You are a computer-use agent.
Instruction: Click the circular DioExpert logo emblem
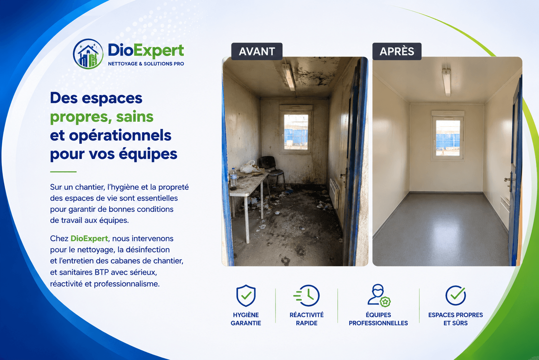[88, 54]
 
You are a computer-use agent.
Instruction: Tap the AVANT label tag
[257, 51]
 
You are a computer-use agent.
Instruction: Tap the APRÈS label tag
[397, 51]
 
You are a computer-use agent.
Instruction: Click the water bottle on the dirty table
[233, 177]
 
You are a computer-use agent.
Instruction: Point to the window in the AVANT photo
[296, 130]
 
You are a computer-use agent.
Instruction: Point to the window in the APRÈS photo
[448, 136]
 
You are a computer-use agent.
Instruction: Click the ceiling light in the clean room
[447, 83]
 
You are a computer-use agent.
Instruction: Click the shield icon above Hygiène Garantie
[246, 296]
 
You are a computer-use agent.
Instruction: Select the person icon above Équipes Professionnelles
[379, 296]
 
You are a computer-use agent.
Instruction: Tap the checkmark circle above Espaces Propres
[456, 295]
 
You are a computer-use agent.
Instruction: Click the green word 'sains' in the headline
[135, 117]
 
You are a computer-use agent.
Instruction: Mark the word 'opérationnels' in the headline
[120, 136]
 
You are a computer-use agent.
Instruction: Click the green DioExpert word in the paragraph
[89, 238]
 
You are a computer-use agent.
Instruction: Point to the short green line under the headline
[63, 172]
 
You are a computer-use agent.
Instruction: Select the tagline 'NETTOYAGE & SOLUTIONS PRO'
[146, 64]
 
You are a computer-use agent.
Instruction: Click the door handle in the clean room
[508, 179]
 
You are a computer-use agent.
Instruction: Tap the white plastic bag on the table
[248, 167]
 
